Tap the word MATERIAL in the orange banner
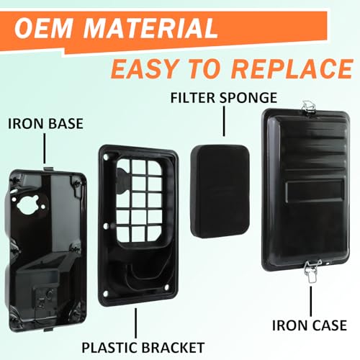coord(150,28)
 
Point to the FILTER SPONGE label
coord(224,98)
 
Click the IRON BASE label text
coord(45,124)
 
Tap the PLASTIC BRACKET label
coord(143,347)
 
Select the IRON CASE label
coord(310,325)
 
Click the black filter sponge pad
coord(220,192)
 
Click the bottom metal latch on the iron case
coord(312,271)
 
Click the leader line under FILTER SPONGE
coord(224,122)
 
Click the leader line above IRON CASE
coord(311,301)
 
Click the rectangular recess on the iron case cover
coord(315,189)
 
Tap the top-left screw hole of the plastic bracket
coord(106,157)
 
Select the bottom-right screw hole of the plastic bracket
coord(167,287)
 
